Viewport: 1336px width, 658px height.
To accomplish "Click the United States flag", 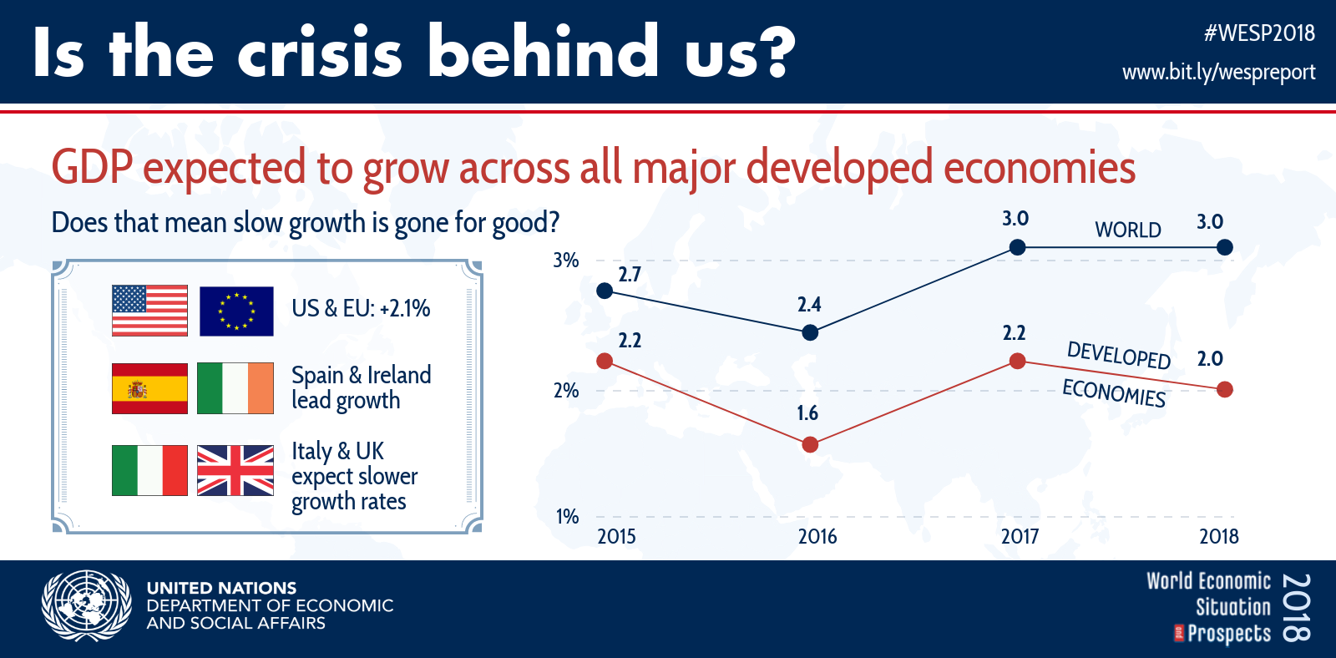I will point(149,311).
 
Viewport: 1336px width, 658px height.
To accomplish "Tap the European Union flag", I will point(236,311).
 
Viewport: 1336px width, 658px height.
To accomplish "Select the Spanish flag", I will point(149,388).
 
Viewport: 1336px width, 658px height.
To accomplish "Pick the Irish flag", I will point(235,388).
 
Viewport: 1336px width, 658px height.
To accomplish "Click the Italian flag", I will point(149,470).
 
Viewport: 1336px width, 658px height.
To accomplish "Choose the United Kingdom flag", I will point(235,470).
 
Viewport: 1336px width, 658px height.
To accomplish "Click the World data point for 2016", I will point(810,332).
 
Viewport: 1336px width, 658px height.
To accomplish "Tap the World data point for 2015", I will point(605,291).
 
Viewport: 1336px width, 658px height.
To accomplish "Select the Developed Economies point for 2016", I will point(810,444).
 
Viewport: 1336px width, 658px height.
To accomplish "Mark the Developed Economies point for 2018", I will point(1225,389).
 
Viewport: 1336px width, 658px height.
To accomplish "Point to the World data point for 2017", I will point(1017,247).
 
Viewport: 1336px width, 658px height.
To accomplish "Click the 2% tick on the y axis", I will point(566,390).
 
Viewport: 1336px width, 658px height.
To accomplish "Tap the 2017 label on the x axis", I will point(1020,536).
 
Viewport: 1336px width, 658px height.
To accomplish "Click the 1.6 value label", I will point(807,413).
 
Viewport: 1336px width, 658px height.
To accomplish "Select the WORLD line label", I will point(1127,230).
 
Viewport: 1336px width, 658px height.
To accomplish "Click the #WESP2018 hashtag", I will point(1259,33).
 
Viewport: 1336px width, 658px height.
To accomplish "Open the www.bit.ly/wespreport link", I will point(1218,72).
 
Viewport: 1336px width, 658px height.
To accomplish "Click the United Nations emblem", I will point(86,605).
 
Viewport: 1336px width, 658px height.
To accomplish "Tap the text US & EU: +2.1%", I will point(361,308).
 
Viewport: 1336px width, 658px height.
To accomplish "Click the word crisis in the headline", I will point(320,53).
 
